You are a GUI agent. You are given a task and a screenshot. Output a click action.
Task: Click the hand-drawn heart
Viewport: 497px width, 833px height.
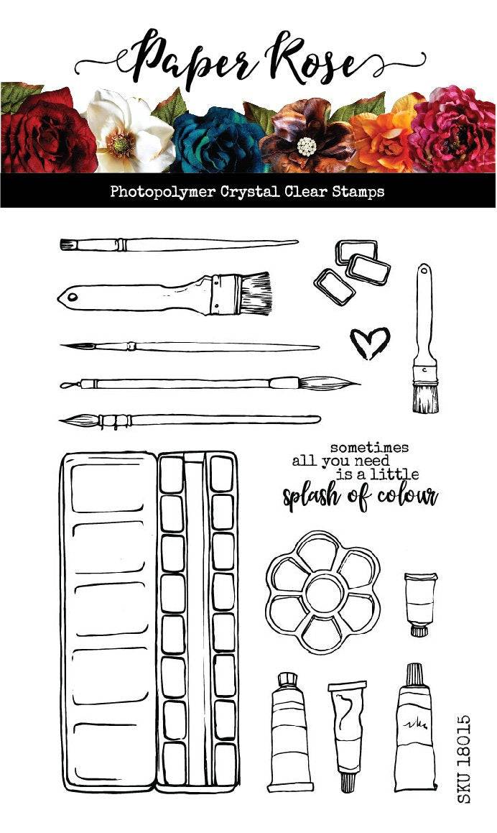[x=369, y=342]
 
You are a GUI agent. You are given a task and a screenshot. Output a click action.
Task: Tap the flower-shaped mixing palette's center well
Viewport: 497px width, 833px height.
[x=322, y=591]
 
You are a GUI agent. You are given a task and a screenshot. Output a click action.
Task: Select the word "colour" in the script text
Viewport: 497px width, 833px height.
[x=407, y=496]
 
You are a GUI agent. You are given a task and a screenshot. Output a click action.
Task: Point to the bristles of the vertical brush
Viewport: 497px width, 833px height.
[x=425, y=396]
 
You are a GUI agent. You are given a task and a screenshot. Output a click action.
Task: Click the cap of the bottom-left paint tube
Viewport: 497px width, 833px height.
[x=287, y=679]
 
